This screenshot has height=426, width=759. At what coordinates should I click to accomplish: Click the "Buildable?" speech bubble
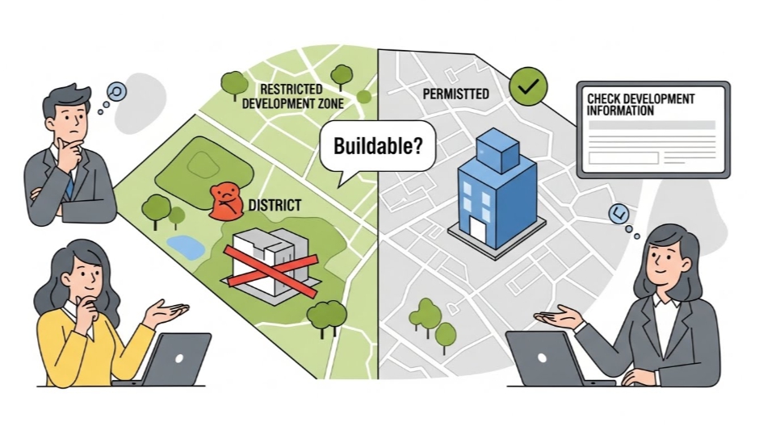tap(377, 147)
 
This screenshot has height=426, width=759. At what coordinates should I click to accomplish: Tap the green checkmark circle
tap(528, 86)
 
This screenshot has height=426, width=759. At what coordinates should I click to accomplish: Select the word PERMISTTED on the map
tap(455, 94)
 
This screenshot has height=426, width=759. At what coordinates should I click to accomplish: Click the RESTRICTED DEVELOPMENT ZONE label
tap(292, 96)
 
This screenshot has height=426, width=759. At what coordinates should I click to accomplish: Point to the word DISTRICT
tap(275, 206)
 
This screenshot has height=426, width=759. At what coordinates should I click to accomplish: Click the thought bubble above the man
tap(117, 91)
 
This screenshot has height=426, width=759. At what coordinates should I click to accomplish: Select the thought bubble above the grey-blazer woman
tap(620, 213)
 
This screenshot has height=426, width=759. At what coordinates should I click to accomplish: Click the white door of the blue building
tap(478, 230)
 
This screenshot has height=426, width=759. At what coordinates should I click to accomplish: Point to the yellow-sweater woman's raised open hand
tap(166, 311)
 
